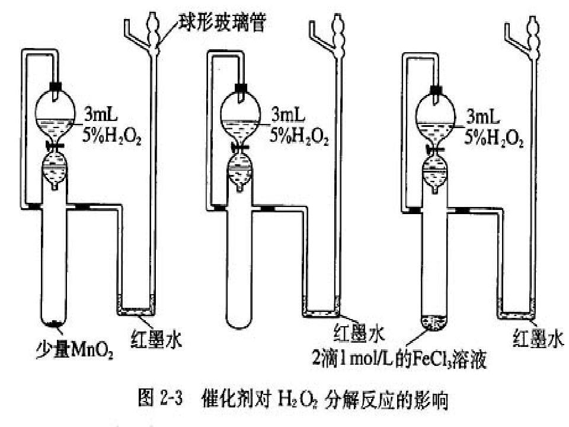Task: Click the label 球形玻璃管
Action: point(222,22)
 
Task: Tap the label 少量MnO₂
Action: point(75,348)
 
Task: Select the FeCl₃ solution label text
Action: point(399,358)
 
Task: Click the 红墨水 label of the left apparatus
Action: point(156,339)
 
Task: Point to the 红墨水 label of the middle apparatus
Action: point(359,333)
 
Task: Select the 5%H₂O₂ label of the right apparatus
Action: point(494,138)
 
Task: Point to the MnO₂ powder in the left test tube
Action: point(54,323)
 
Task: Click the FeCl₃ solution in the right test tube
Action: point(434,323)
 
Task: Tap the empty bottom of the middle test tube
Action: point(239,320)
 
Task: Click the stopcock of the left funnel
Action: point(55,146)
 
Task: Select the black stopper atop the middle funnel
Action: point(241,88)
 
